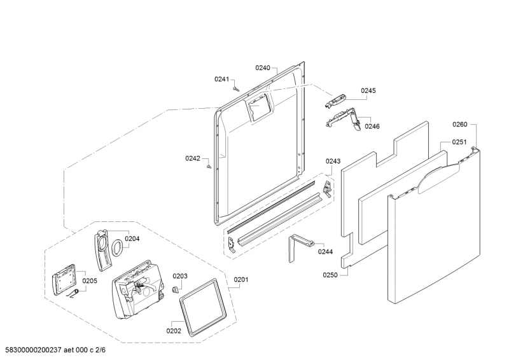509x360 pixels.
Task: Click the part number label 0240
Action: click(x=263, y=67)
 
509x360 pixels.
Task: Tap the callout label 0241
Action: click(x=221, y=79)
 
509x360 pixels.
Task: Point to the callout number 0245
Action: click(x=368, y=91)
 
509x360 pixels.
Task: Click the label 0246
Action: click(x=372, y=127)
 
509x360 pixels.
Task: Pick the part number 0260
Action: click(x=459, y=125)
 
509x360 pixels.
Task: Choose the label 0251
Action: click(x=459, y=142)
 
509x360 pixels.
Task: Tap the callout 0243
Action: click(x=333, y=162)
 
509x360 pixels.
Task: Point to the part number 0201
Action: click(x=242, y=279)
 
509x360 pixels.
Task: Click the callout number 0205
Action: click(x=90, y=280)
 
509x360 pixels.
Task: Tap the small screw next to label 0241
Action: click(x=235, y=89)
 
